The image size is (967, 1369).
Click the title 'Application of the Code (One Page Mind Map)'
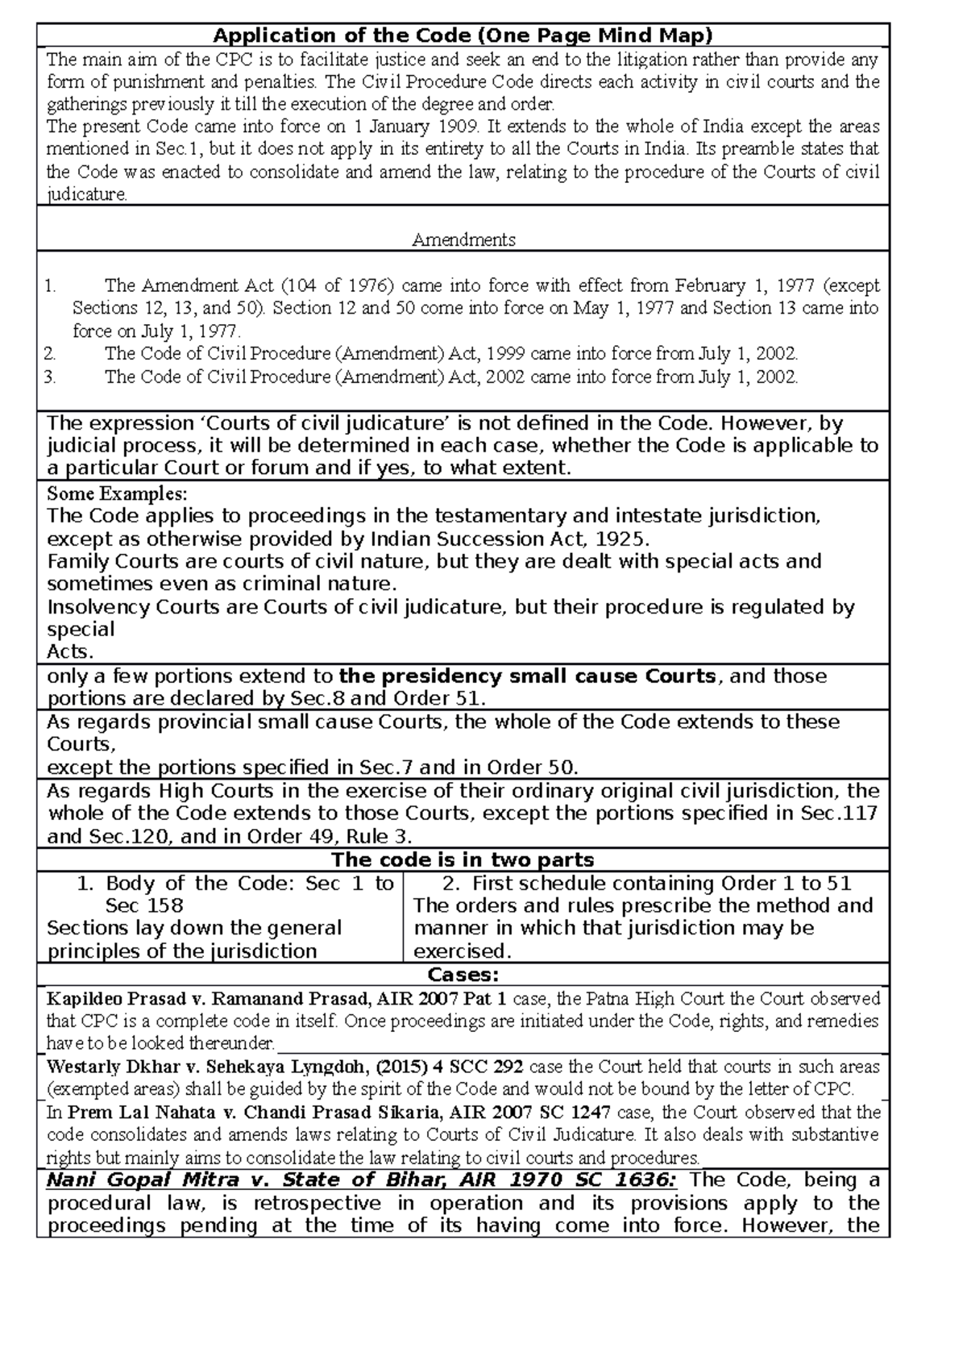(463, 35)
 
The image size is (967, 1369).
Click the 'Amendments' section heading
(463, 239)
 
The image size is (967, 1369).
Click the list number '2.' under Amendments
(51, 354)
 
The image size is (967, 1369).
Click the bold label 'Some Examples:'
(117, 493)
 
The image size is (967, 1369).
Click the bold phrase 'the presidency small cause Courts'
(527, 676)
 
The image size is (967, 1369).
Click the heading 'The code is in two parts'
(463, 859)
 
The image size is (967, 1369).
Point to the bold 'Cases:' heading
(463, 975)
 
